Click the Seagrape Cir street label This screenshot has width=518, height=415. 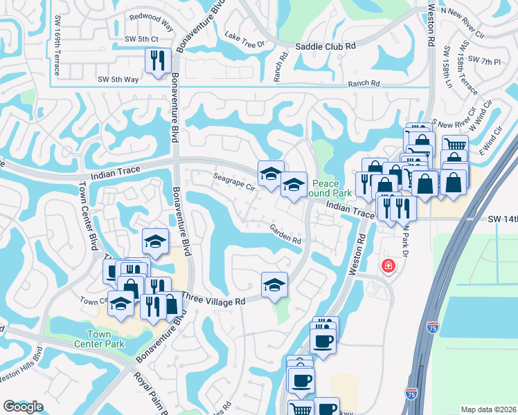234,182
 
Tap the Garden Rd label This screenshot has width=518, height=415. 285,237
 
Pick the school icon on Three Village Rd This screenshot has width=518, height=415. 274,284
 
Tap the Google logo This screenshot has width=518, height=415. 23,407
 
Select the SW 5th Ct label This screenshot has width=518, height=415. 141,39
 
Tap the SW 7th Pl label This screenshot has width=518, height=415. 484,62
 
